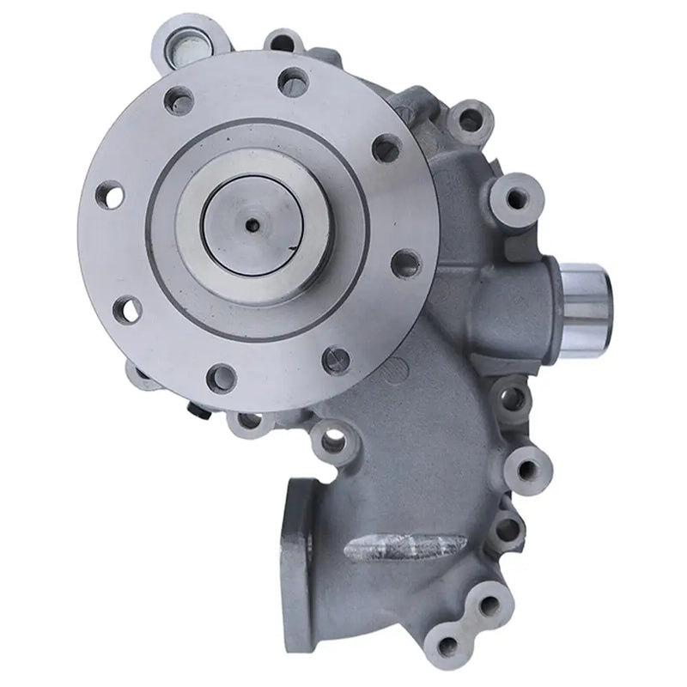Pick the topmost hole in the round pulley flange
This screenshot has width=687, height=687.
click(x=294, y=82)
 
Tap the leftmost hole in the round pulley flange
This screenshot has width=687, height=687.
click(x=107, y=195)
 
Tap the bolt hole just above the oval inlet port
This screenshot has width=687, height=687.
click(x=331, y=441)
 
